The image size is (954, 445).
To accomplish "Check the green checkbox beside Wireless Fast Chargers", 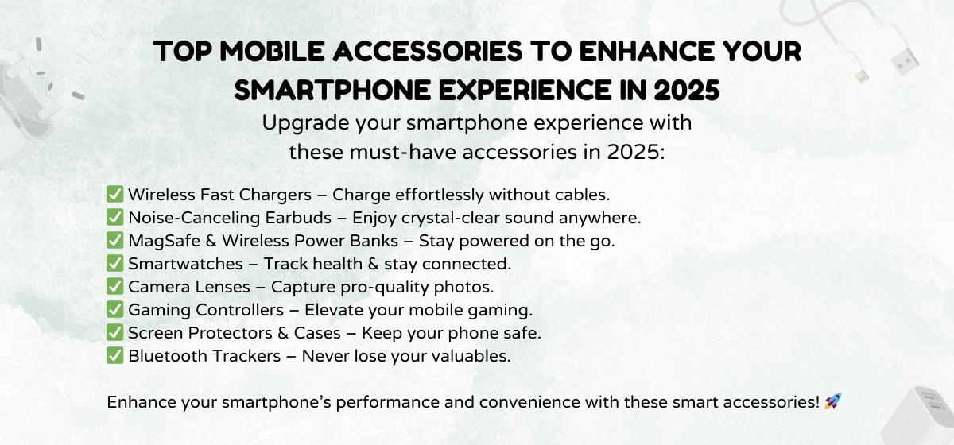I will point(115,194).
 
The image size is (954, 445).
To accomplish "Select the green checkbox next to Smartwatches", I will point(115,263).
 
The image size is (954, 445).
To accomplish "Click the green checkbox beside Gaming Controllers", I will point(115,309).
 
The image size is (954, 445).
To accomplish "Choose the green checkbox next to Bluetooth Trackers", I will point(115,356).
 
